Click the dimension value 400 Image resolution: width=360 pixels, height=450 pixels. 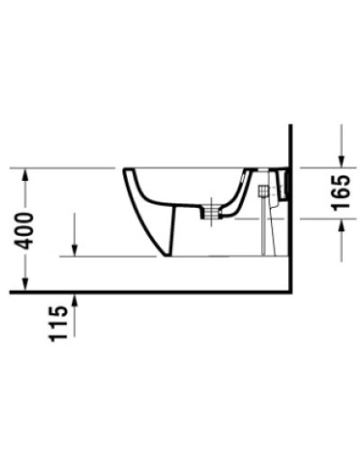(x=30, y=230)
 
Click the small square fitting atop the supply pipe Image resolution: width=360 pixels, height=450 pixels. (x=264, y=192)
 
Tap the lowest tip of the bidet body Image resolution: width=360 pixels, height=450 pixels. (x=171, y=256)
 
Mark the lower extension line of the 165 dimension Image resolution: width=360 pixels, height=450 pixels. (x=319, y=219)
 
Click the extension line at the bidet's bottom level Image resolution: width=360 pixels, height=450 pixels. (x=108, y=256)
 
